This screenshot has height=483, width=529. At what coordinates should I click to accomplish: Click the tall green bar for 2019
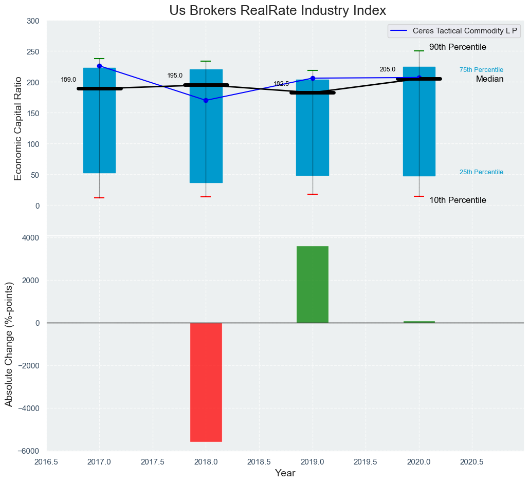(313, 284)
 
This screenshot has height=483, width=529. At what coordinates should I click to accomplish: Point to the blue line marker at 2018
(206, 101)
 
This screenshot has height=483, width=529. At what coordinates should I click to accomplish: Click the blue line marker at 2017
(99, 66)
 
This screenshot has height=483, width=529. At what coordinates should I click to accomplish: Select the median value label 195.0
(175, 76)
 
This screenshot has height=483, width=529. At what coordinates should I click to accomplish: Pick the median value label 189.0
(68, 80)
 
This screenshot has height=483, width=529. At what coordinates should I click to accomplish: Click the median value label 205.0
(388, 69)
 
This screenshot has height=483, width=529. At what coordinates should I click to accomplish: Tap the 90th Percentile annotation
(458, 47)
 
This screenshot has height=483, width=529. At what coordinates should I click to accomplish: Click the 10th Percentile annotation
(458, 200)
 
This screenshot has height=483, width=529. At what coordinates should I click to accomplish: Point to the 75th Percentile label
(481, 70)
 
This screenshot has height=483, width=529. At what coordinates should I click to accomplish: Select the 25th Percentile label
(481, 172)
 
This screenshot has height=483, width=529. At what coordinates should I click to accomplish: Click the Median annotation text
(489, 79)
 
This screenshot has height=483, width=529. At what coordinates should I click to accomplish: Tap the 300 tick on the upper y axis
(33, 21)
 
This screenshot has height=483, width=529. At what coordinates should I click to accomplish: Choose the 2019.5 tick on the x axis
(366, 462)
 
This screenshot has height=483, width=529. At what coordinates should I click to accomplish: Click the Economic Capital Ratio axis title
(19, 128)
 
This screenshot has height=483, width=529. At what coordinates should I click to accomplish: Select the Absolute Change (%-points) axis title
(9, 344)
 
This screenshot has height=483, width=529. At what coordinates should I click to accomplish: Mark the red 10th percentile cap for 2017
(99, 198)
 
